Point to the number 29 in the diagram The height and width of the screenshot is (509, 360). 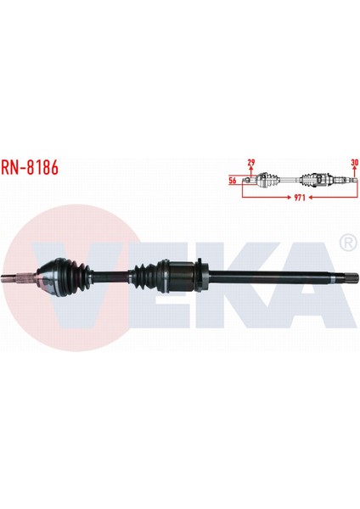click(x=250, y=162)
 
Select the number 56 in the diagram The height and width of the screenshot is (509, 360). click(x=232, y=180)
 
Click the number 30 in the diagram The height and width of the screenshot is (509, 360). click(x=353, y=162)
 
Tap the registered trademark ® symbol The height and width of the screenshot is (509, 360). click(x=346, y=243)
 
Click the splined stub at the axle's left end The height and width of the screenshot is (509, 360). click(x=24, y=278)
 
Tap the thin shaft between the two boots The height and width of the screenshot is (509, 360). click(x=111, y=277)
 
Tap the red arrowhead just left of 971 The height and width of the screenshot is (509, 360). click(x=286, y=196)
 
